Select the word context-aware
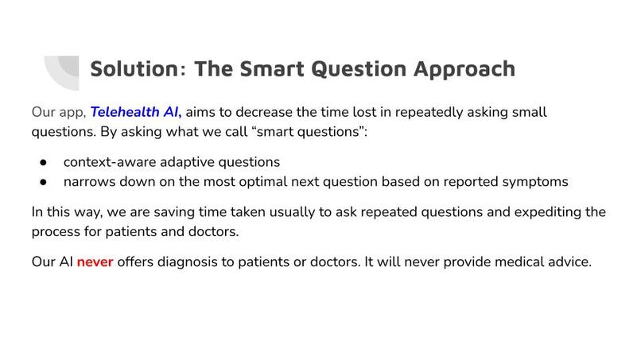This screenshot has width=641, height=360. [110, 162]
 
